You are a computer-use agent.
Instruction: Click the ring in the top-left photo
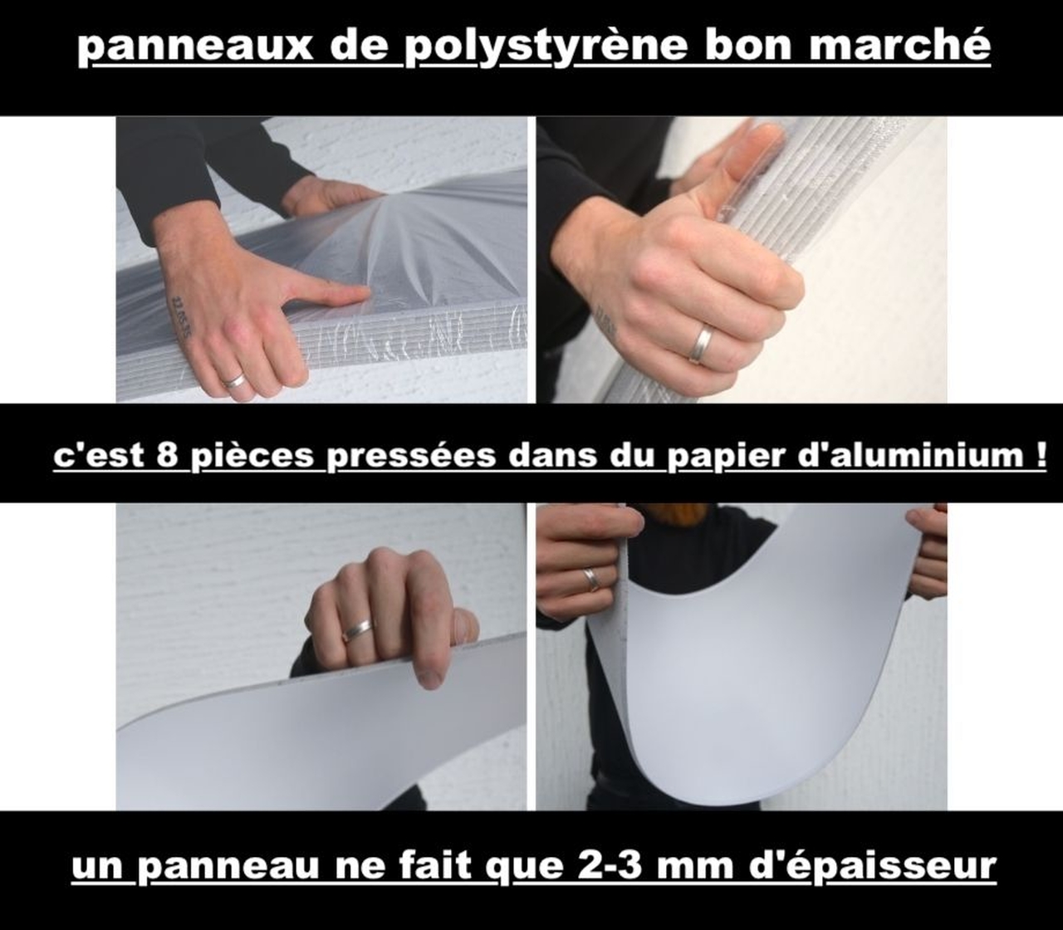pos(235,381)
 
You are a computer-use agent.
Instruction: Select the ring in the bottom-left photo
pos(358,630)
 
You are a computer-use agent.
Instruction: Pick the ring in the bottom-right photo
pos(590,579)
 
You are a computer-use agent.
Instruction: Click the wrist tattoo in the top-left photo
pos(180,316)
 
